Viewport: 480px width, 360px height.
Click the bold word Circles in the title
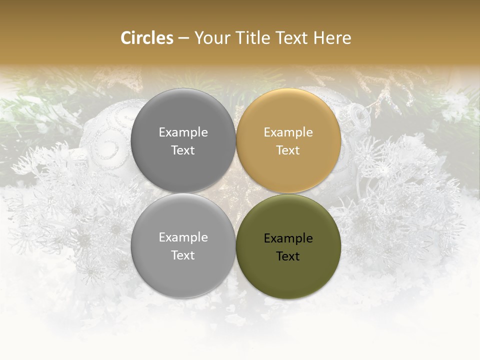tap(147, 38)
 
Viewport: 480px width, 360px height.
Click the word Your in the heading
tap(210, 38)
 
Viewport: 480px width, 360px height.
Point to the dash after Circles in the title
tap(183, 38)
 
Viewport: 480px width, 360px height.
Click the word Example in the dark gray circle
tap(183, 132)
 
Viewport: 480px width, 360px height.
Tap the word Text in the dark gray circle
tap(183, 150)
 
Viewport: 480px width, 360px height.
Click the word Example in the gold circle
tap(288, 132)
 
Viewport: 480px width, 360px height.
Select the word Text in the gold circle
tap(288, 150)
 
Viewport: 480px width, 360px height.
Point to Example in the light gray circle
tap(183, 237)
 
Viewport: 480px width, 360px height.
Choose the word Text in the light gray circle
tap(183, 255)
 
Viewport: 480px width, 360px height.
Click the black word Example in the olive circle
tap(288, 238)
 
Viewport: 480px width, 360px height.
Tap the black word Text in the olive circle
tap(288, 256)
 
